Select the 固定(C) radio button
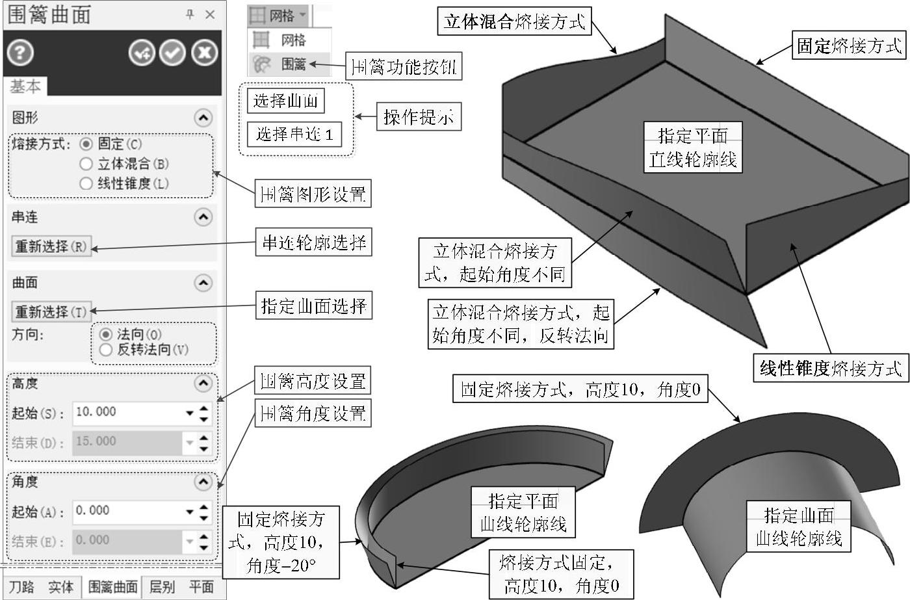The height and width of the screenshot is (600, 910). [x=86, y=144]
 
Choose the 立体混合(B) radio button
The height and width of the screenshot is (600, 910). [x=86, y=164]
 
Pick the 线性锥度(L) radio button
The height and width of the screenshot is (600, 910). [x=86, y=184]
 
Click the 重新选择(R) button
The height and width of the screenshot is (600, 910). [x=51, y=247]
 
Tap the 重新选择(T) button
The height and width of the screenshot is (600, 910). [x=51, y=312]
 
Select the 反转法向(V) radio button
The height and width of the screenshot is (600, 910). [x=106, y=350]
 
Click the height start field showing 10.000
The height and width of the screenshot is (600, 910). [x=127, y=412]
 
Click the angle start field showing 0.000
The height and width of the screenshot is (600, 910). [x=127, y=511]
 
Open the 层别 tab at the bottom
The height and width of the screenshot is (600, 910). [x=162, y=587]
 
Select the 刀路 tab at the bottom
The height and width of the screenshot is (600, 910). [x=21, y=587]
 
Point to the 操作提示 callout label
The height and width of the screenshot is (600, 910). [x=419, y=117]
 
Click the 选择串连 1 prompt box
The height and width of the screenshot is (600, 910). [x=294, y=135]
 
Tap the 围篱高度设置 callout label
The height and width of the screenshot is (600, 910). [x=313, y=382]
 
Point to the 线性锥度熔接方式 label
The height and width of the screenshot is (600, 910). [x=831, y=368]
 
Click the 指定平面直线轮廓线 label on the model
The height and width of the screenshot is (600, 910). [x=692, y=148]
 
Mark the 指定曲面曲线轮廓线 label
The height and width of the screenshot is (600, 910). [x=799, y=527]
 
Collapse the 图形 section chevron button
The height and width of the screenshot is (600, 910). [x=203, y=118]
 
